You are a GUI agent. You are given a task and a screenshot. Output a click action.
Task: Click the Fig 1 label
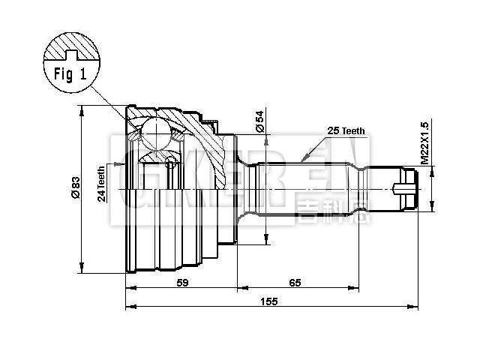[70, 74]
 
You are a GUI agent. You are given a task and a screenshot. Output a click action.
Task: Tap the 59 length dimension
[181, 283]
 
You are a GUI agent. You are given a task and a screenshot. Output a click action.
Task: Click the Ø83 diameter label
[75, 187]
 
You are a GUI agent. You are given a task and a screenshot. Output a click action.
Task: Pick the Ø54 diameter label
[259, 121]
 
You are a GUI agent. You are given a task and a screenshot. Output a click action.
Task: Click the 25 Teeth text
[346, 130]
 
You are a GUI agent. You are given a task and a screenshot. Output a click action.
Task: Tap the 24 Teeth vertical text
[101, 184]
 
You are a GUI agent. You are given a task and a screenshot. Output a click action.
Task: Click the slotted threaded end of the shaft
[405, 189]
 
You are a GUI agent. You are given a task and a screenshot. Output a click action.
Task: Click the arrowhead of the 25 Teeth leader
[301, 160]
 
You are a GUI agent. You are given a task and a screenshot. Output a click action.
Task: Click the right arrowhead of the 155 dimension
[415, 307]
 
